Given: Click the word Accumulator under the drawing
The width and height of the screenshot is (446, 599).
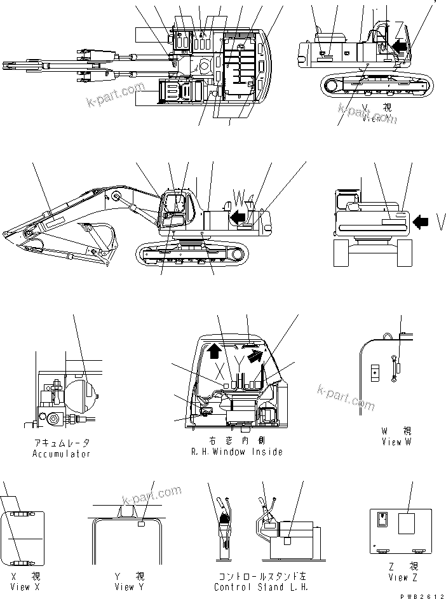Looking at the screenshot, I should (x=61, y=454).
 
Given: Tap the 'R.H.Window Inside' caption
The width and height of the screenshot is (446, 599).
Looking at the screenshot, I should (x=236, y=452).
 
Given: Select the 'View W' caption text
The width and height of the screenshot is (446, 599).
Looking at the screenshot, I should (x=396, y=441).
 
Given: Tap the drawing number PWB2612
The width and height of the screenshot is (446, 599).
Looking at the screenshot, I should (x=423, y=595).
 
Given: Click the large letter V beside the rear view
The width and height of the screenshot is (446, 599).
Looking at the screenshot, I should (x=441, y=222).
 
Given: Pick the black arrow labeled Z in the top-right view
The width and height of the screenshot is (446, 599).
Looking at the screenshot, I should (x=401, y=45).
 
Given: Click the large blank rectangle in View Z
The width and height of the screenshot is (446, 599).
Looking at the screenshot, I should (x=407, y=524).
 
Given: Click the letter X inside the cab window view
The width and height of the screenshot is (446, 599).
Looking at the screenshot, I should (x=217, y=368).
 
